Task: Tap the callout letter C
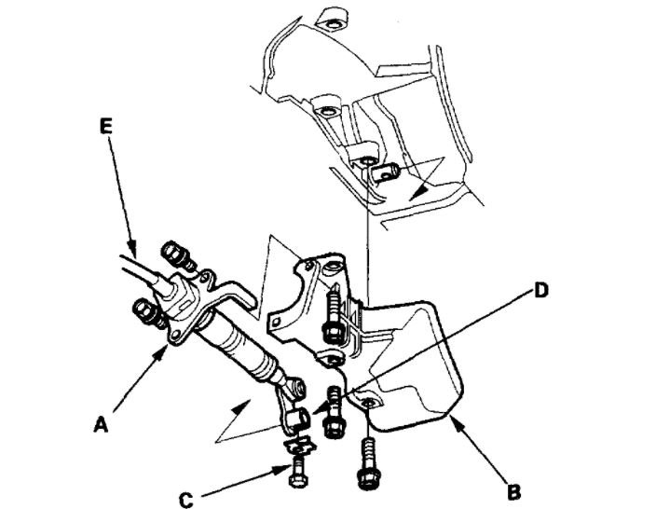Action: (x=186, y=501)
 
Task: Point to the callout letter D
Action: (x=542, y=291)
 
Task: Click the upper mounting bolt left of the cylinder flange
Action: (x=173, y=254)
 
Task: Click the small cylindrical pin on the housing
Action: (x=386, y=171)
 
